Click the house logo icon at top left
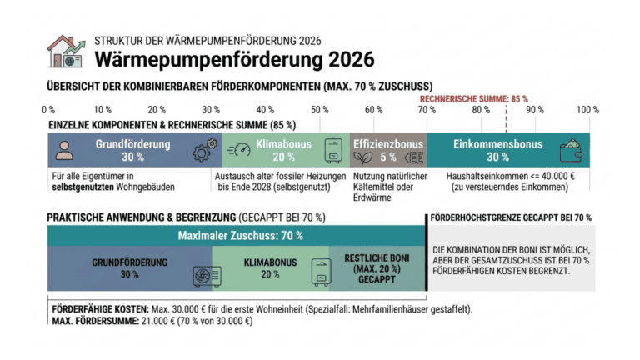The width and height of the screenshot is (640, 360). point(65,51)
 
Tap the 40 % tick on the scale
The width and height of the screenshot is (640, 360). point(265,110)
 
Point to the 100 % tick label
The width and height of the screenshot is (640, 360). point(587,110)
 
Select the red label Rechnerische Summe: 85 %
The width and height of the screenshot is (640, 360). point(472,98)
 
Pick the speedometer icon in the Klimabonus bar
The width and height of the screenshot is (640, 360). point(238,151)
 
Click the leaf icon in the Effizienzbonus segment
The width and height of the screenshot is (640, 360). point(360,156)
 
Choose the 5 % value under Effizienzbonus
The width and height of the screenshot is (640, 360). point(388,157)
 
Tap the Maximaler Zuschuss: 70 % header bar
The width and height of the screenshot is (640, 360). point(240,236)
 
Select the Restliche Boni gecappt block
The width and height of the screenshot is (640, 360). point(377,268)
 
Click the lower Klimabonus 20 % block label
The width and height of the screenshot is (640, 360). point(270,268)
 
